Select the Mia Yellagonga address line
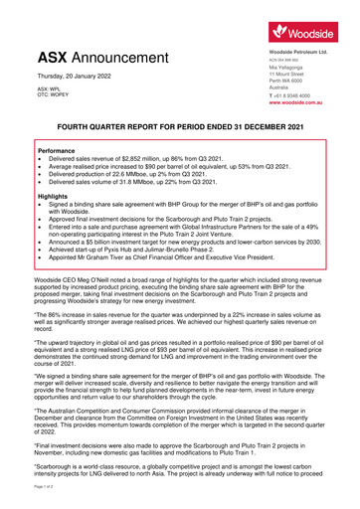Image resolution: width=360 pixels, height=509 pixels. point(290,67)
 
